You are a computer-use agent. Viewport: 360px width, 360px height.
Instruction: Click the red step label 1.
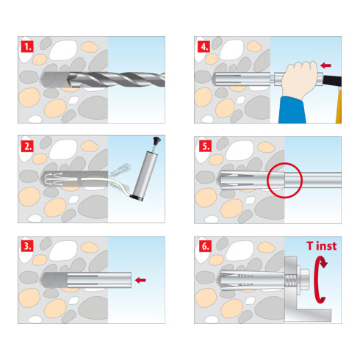27,46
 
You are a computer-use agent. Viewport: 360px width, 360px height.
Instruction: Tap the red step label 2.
27,146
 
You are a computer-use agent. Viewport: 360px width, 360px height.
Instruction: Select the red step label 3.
27,246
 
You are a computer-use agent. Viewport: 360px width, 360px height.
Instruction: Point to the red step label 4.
204,46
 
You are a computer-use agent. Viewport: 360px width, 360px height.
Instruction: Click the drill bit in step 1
115,79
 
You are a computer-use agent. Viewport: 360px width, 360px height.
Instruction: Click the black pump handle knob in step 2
156,141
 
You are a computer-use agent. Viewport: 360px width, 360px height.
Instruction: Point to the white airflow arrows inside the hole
53,179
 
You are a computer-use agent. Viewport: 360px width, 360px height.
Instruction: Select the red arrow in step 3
140,280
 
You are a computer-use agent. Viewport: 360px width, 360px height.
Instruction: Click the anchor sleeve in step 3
99,280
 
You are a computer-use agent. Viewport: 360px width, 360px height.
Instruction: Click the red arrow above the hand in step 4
325,65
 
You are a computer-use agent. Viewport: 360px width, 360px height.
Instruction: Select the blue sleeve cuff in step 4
292,109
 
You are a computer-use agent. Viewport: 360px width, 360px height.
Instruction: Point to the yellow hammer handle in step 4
339,105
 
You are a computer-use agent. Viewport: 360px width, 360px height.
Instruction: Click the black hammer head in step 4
332,81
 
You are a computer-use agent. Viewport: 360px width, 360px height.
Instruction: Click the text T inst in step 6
321,246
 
